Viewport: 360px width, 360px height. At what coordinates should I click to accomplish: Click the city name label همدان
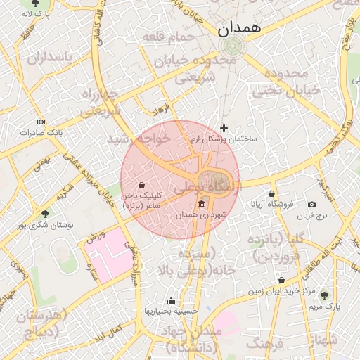click(x=239, y=29)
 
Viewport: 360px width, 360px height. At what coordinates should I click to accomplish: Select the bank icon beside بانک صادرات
click(x=41, y=121)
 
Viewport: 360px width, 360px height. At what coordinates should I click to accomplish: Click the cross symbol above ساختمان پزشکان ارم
click(x=224, y=128)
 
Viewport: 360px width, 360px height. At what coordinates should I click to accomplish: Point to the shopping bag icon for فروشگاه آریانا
click(x=272, y=193)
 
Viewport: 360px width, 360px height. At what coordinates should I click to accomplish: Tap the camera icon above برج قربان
click(x=311, y=204)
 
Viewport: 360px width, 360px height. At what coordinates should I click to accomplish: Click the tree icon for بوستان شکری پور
click(x=46, y=213)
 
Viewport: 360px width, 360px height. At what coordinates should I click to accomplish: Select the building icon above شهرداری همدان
click(x=202, y=204)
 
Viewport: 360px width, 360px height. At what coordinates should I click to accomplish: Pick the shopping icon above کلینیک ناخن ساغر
click(x=143, y=186)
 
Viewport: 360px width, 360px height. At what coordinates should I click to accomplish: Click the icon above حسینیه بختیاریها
click(x=172, y=300)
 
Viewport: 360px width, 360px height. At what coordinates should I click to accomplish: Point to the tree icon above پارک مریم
click(x=324, y=295)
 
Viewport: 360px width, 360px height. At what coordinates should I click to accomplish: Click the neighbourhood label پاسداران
click(x=51, y=58)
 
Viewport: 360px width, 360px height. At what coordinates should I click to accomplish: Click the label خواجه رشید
click(x=139, y=139)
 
